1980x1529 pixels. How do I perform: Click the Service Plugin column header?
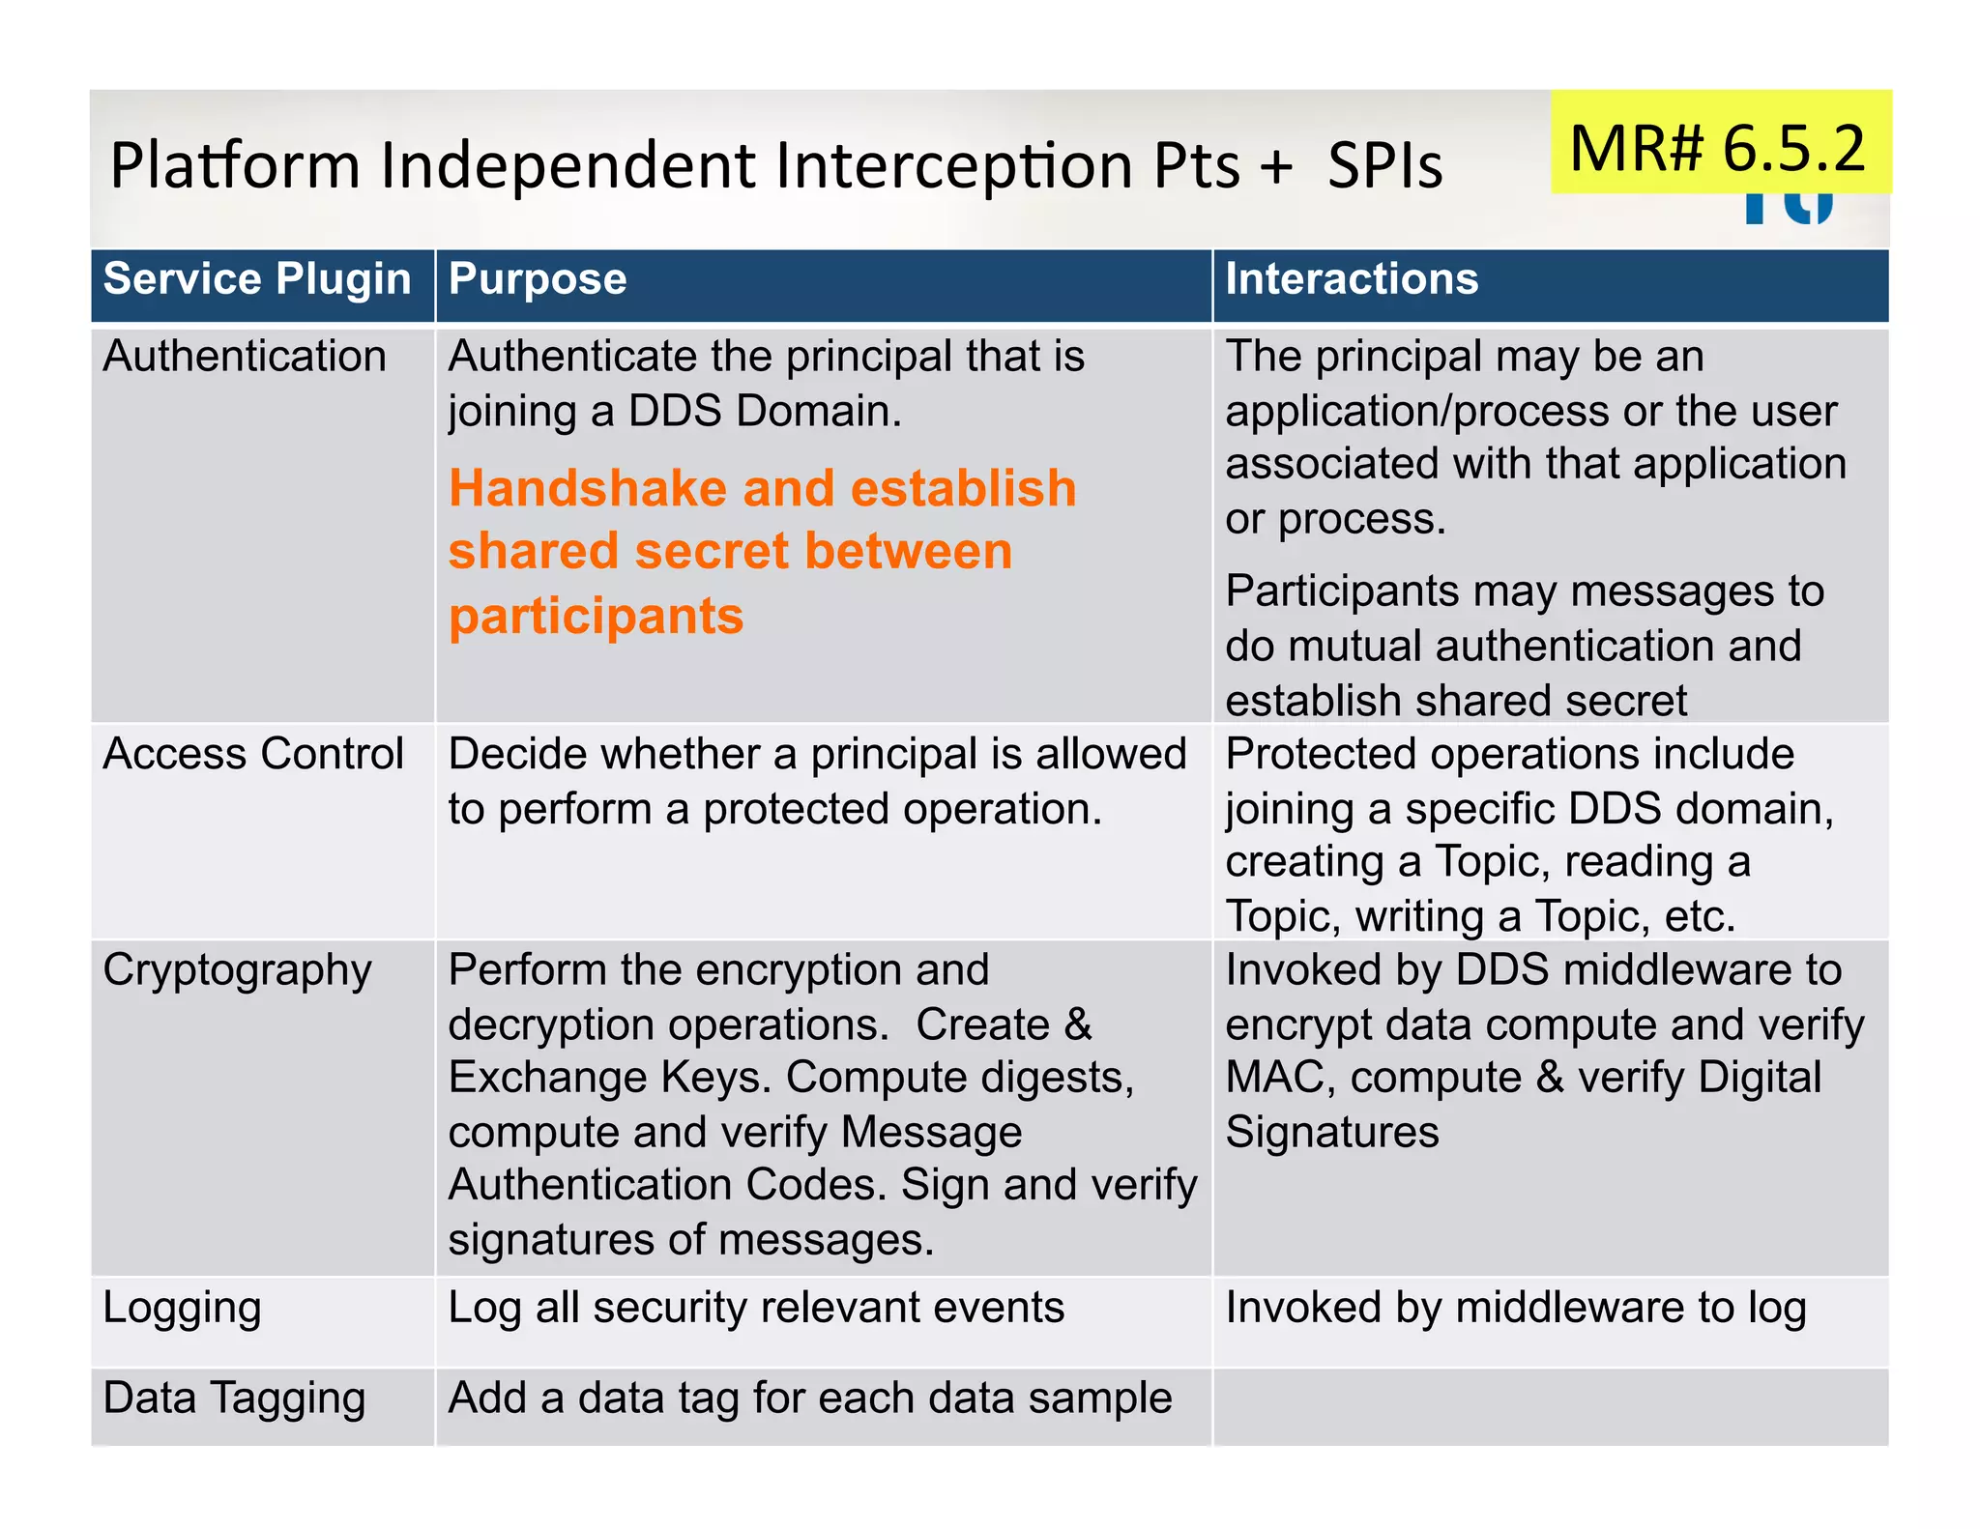[257, 279]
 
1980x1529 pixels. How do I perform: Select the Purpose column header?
[538, 279]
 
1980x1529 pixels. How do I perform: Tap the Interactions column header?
[1352, 279]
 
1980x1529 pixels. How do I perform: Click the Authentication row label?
[245, 357]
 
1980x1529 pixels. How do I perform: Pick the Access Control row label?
[253, 754]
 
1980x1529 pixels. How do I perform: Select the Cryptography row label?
[237, 970]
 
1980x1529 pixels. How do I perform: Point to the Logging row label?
[183, 1308]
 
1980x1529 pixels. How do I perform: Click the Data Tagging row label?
[235, 1399]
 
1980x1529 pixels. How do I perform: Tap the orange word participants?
[597, 616]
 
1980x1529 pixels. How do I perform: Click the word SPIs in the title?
[1384, 165]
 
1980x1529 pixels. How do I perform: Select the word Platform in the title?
[235, 165]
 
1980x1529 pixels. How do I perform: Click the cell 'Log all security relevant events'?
[756, 1308]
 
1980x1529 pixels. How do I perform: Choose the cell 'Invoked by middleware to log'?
[1516, 1308]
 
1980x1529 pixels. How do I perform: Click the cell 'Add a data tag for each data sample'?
[810, 1399]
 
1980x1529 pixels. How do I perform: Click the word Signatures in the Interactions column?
[1332, 1132]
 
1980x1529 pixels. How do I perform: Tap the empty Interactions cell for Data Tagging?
[1550, 1406]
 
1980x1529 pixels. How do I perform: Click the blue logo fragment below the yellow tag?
[1789, 207]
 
